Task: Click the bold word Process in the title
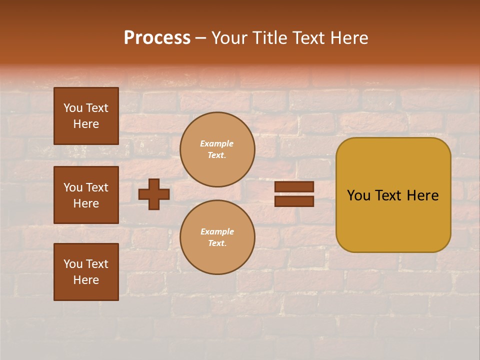pos(157,38)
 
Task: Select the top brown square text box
pos(86,116)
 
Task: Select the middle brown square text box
pos(86,195)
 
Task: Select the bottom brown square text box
pos(86,272)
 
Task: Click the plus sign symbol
pos(154,194)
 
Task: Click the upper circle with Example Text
pos(217,149)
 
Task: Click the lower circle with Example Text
pos(217,237)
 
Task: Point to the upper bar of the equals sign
pos(294,187)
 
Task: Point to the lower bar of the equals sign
pos(294,201)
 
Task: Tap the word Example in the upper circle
pos(217,143)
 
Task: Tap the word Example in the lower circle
pos(217,231)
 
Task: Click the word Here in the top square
pos(86,124)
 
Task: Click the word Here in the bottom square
pos(86,280)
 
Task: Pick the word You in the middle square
pos(73,187)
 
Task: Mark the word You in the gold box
pos(358,195)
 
